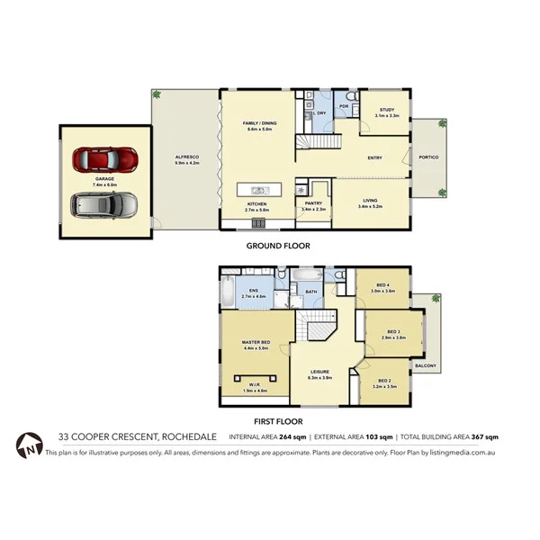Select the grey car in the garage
point(104,205)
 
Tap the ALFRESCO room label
point(186,158)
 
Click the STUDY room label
point(387,110)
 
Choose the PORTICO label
point(428,157)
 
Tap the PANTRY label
point(314,204)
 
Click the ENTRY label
point(375,158)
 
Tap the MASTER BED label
point(256,342)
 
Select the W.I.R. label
point(256,386)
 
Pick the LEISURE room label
point(321,373)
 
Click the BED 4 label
point(384,287)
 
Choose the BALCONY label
point(426,365)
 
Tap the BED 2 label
point(384,381)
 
